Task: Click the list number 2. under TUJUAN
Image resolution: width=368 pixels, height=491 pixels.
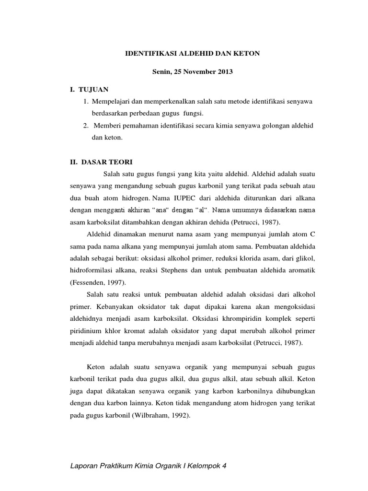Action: pyautogui.click(x=85, y=126)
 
